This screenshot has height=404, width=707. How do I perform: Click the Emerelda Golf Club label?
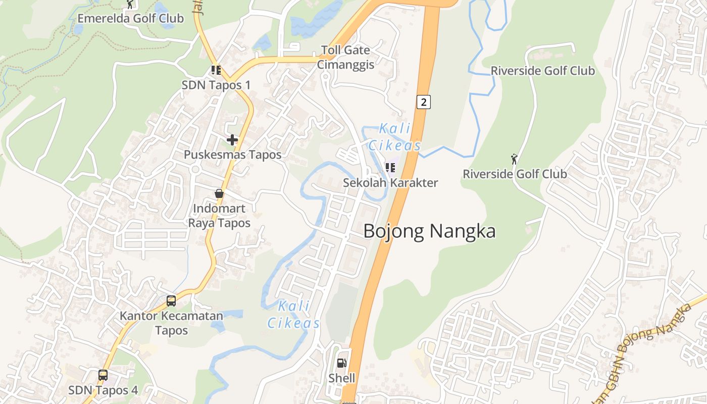(130, 19)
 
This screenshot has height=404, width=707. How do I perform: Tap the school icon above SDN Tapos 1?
(216, 70)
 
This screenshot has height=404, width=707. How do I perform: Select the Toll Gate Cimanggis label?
(346, 57)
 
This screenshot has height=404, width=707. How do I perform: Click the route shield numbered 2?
(423, 102)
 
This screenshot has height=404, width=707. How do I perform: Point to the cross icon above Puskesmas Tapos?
(232, 140)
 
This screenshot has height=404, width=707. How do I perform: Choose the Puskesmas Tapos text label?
(232, 155)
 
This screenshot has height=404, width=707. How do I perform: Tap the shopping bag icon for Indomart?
(219, 193)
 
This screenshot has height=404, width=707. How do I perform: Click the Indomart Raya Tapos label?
(219, 216)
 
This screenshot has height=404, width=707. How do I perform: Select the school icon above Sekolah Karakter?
(390, 168)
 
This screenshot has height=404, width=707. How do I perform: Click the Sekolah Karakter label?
(390, 183)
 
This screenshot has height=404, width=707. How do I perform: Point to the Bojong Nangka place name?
(429, 231)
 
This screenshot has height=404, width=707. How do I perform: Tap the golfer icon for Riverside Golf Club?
(514, 159)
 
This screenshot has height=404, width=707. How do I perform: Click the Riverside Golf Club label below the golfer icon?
(515, 174)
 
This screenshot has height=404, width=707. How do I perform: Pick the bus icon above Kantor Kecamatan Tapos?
(171, 301)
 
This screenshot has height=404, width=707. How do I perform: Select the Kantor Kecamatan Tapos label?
(171, 323)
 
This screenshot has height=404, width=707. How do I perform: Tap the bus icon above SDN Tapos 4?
(103, 375)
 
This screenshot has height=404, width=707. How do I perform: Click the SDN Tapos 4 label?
(103, 390)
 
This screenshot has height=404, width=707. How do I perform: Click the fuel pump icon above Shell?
(341, 363)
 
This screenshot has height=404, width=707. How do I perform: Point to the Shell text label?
(342, 378)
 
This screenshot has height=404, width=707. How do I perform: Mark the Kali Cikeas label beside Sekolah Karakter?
(394, 137)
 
